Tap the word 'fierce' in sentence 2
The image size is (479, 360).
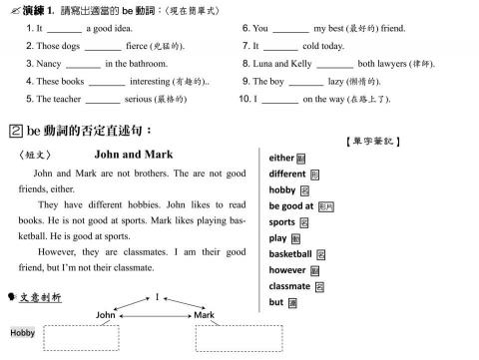pos(139,47)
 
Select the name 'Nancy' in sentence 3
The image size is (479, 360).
pos(49,64)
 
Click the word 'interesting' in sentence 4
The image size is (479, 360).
pos(151,82)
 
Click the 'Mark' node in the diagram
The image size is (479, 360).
pos(204,314)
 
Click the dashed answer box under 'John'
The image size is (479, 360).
pos(81,338)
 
